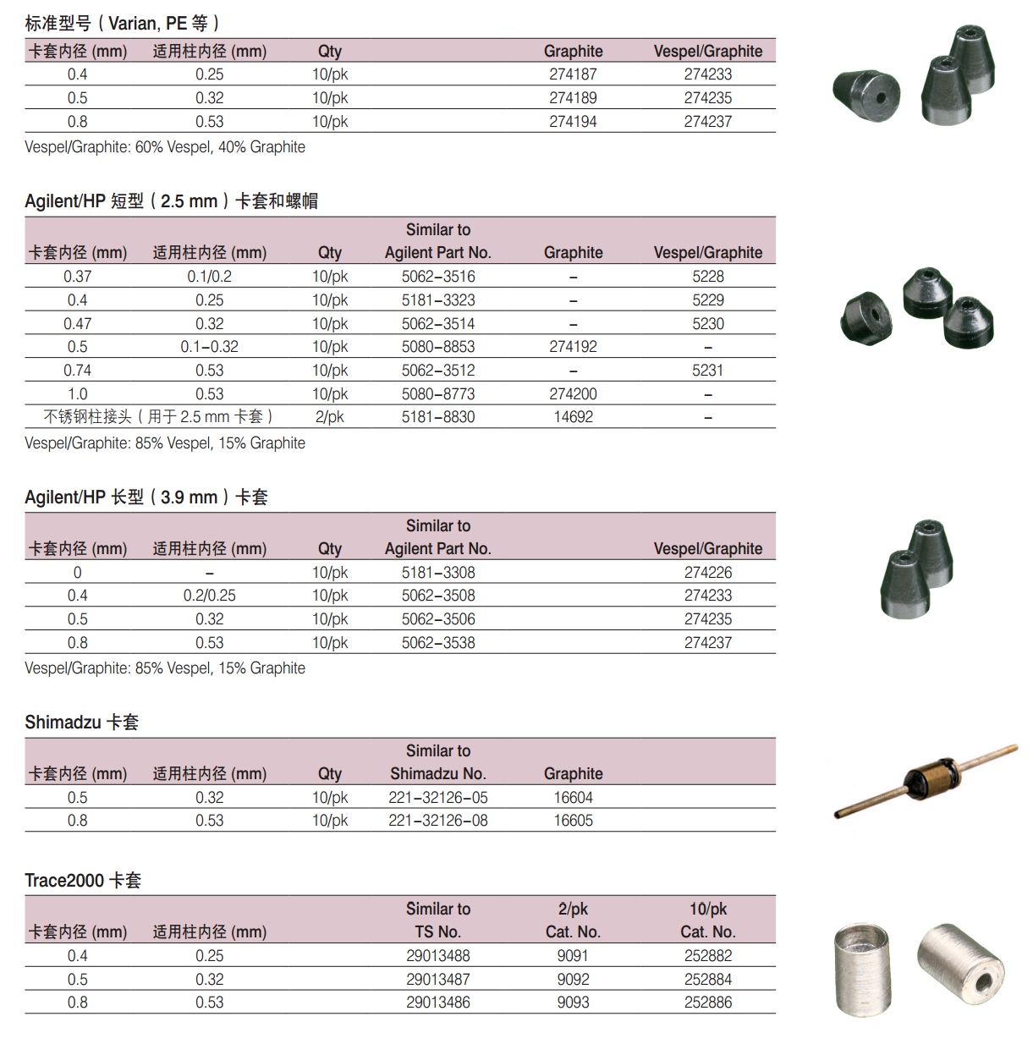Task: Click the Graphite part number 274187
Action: pyautogui.click(x=573, y=74)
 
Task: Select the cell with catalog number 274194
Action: pyautogui.click(x=573, y=122)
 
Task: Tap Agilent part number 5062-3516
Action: pyautogui.click(x=438, y=277)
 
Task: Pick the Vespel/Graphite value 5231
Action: pyautogui.click(x=707, y=371)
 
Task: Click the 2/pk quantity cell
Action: pyautogui.click(x=329, y=417)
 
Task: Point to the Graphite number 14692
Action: pyautogui.click(x=573, y=417)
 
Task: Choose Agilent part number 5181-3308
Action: pyautogui.click(x=438, y=573)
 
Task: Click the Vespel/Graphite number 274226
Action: pyautogui.click(x=707, y=573)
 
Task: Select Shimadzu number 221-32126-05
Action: pyautogui.click(x=438, y=798)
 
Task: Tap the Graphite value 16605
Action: pyautogui.click(x=573, y=821)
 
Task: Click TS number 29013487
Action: pyautogui.click(x=438, y=980)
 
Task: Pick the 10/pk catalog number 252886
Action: pyautogui.click(x=707, y=1003)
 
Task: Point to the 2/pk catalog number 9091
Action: pyautogui.click(x=573, y=956)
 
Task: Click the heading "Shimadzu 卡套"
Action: pyautogui.click(x=82, y=723)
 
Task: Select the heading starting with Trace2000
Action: pyautogui.click(x=83, y=881)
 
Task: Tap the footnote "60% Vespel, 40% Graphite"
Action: pyautogui.click(x=165, y=147)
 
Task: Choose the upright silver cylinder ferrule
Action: pyautogui.click(x=863, y=969)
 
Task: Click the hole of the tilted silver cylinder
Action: pyautogui.click(x=984, y=982)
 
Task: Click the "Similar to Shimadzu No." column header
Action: pyautogui.click(x=438, y=762)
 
